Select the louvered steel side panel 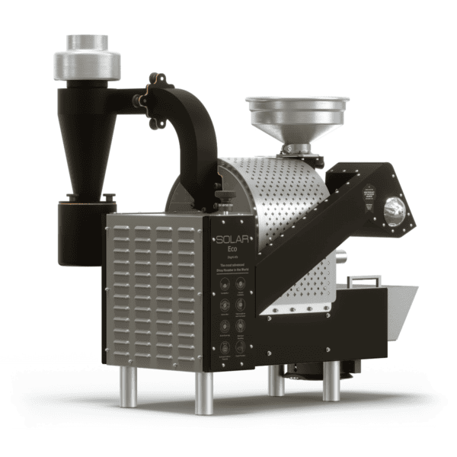156,297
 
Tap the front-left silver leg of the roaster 128,388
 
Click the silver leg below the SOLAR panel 205,392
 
